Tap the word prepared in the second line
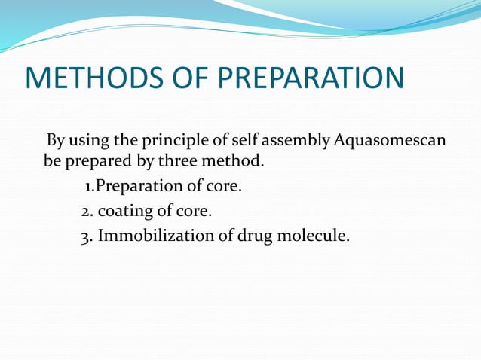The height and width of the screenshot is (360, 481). coord(90,161)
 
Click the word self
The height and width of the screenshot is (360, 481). coord(240,140)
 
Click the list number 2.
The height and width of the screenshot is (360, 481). coord(86,211)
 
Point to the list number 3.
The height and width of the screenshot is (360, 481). coord(86,236)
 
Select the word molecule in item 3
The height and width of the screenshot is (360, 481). coord(316,236)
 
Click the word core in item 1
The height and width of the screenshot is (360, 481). coord(223,185)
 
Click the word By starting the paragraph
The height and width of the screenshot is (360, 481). coord(56,140)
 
